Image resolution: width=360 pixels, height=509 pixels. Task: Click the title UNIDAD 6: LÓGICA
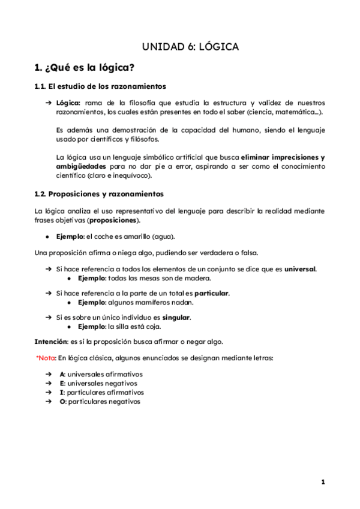click(x=190, y=46)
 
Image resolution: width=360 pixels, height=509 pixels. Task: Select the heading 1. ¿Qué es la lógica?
click(x=85, y=66)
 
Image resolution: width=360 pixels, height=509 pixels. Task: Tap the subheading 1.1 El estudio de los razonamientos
click(x=100, y=86)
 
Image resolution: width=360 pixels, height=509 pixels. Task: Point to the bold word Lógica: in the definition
click(x=68, y=103)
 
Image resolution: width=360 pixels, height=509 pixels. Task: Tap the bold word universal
click(x=300, y=269)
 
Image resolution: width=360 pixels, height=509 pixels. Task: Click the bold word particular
click(x=212, y=294)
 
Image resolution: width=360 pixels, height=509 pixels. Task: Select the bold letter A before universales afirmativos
click(x=62, y=374)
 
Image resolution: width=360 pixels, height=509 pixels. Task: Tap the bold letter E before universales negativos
click(x=62, y=383)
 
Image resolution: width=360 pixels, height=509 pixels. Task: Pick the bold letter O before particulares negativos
click(x=62, y=402)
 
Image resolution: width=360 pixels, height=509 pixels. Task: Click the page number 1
click(x=323, y=482)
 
